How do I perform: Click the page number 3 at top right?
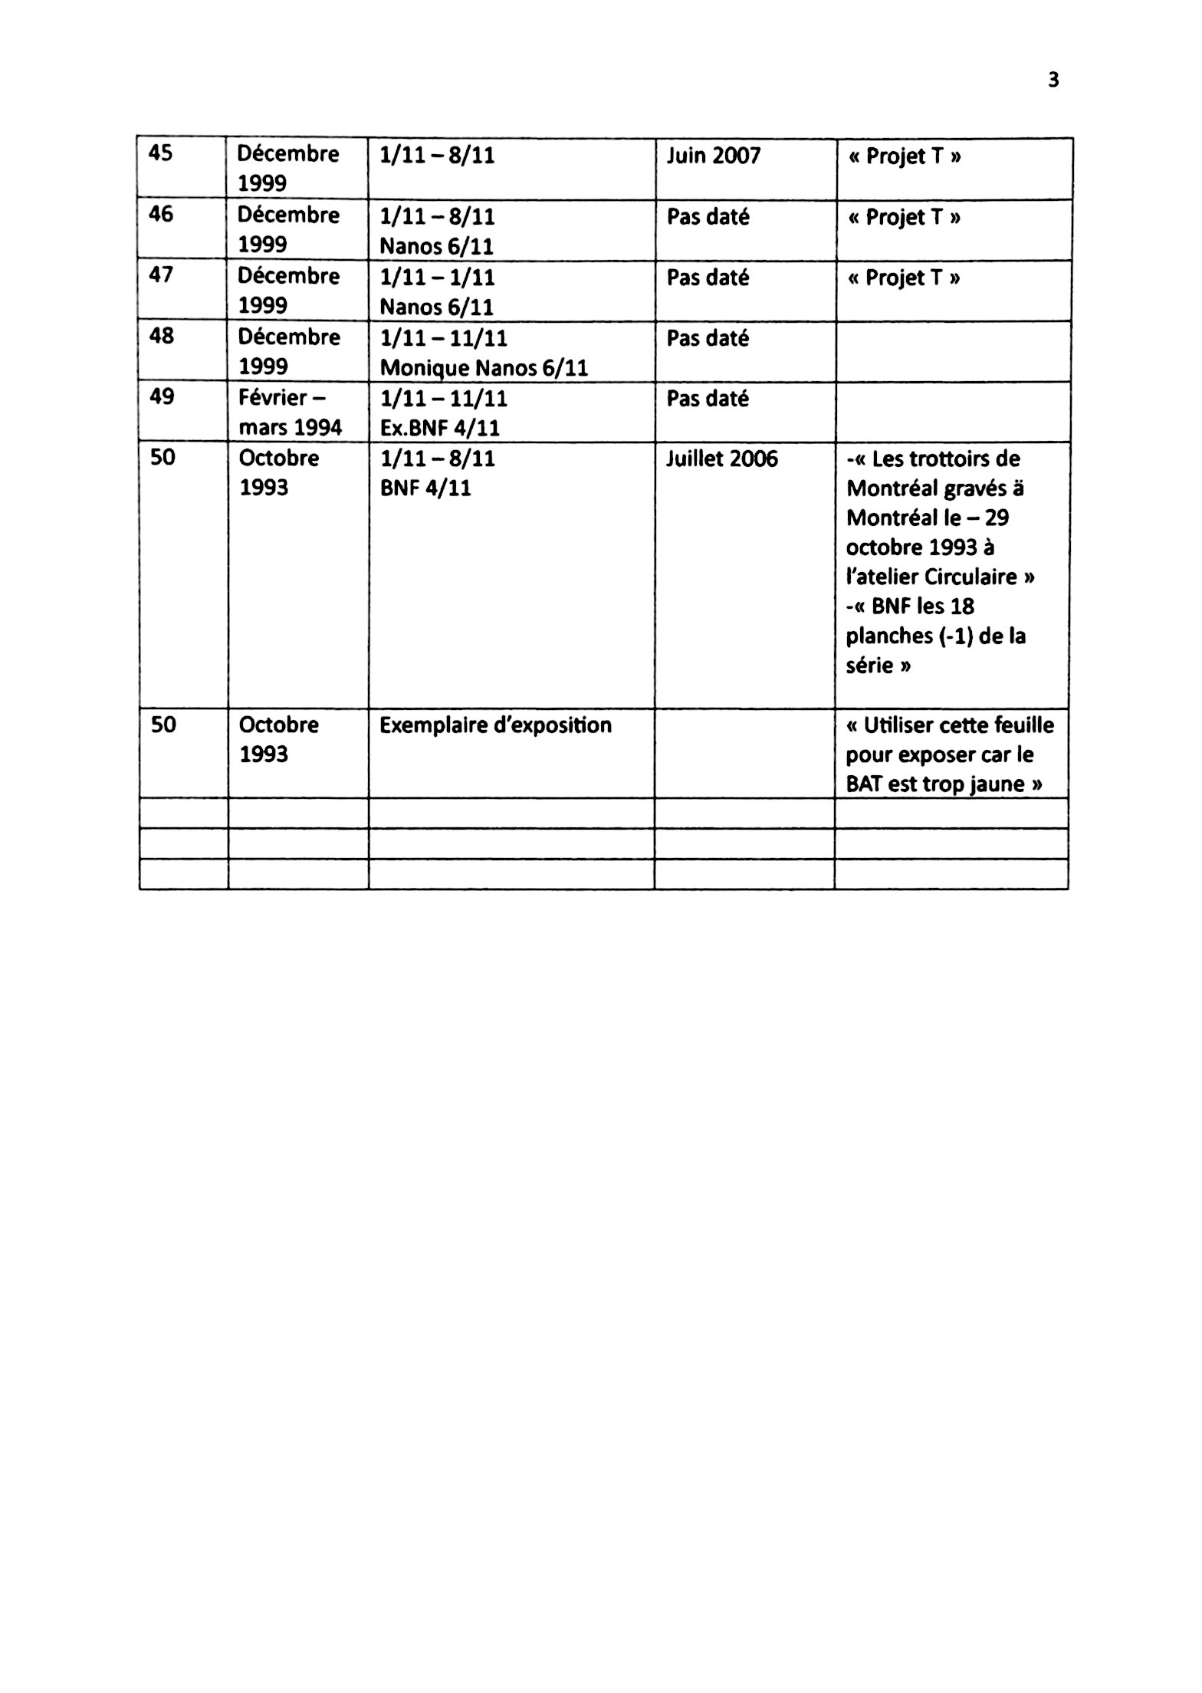click(x=1053, y=80)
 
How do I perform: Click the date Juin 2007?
click(x=713, y=156)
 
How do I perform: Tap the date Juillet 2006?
click(x=721, y=459)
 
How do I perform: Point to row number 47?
click(x=160, y=274)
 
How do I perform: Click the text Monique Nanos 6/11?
click(x=484, y=368)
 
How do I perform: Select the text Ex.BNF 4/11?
click(x=439, y=428)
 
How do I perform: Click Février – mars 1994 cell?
click(x=290, y=413)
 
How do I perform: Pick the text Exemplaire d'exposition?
click(x=495, y=725)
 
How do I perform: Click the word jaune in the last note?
click(x=997, y=784)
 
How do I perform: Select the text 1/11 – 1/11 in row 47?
click(x=437, y=277)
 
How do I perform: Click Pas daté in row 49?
click(x=707, y=399)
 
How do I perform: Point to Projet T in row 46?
click(x=904, y=217)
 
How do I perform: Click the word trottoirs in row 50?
click(x=946, y=459)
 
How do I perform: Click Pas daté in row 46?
click(x=707, y=217)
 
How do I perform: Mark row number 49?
click(x=161, y=396)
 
